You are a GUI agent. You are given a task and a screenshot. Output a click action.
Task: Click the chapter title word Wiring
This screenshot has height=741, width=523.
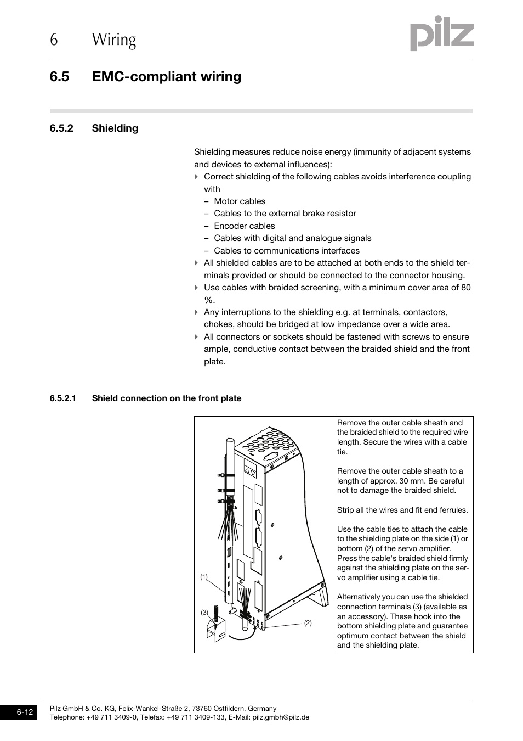pyautogui.click(x=114, y=40)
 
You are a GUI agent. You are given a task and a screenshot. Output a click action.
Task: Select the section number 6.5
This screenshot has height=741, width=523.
pyautogui.click(x=59, y=77)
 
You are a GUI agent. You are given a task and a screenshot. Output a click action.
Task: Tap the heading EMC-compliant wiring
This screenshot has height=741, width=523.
pyautogui.click(x=167, y=77)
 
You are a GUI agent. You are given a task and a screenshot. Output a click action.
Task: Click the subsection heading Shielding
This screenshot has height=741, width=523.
pyautogui.click(x=115, y=128)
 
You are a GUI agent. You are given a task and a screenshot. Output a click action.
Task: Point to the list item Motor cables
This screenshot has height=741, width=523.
pyautogui.click(x=240, y=201)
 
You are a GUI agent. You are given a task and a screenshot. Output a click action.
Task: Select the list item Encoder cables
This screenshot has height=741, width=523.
pyautogui.click(x=245, y=226)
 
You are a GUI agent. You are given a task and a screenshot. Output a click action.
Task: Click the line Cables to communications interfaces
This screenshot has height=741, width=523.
pyautogui.click(x=287, y=251)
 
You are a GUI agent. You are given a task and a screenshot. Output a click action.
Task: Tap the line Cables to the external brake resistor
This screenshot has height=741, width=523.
pyautogui.click(x=285, y=214)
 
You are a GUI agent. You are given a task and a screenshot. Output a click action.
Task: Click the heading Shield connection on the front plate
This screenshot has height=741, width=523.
pyautogui.click(x=167, y=398)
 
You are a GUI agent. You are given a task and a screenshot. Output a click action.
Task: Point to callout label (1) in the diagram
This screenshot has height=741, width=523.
pyautogui.click(x=204, y=577)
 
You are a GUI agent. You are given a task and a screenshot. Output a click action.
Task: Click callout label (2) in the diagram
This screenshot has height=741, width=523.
pyautogui.click(x=308, y=622)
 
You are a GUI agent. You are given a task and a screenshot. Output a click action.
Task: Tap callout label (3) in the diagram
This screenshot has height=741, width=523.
pyautogui.click(x=204, y=612)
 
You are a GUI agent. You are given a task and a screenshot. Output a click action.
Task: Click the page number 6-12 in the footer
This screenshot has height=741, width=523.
pyautogui.click(x=25, y=712)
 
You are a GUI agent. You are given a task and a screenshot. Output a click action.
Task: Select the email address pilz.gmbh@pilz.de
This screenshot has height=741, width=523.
pyautogui.click(x=281, y=717)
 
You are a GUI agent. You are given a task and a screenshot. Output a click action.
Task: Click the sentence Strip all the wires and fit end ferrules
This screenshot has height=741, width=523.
pyautogui.click(x=402, y=510)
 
